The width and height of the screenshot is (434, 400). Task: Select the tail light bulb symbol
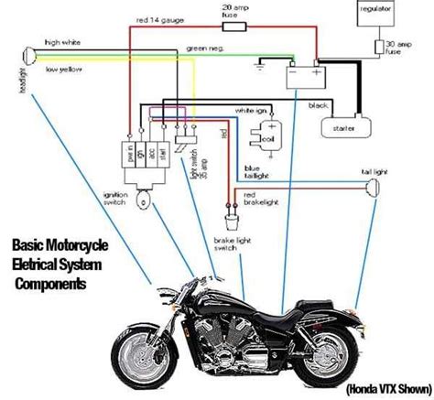374,189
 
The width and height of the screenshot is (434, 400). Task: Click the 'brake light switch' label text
225,243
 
